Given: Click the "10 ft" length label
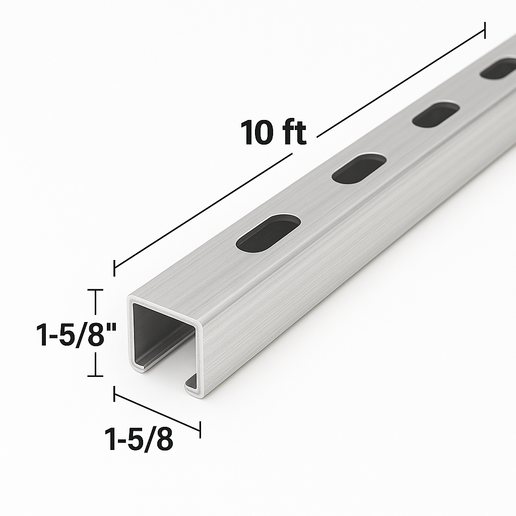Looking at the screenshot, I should click(274, 133).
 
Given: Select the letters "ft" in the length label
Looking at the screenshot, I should click(294, 133).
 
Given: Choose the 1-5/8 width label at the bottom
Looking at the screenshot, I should click(139, 439).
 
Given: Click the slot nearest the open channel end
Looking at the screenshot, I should click(269, 233).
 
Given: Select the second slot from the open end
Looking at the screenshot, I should click(359, 168).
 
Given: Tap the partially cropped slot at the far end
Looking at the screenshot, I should click(499, 69).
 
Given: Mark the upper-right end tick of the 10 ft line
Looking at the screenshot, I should click(485, 30).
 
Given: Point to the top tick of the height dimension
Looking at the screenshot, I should click(95, 290).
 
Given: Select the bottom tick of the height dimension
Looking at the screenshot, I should click(95, 375).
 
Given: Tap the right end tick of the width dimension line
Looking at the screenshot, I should click(200, 430).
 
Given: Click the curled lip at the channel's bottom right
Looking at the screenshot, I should click(192, 384).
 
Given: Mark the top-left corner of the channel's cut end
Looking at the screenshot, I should click(130, 300).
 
